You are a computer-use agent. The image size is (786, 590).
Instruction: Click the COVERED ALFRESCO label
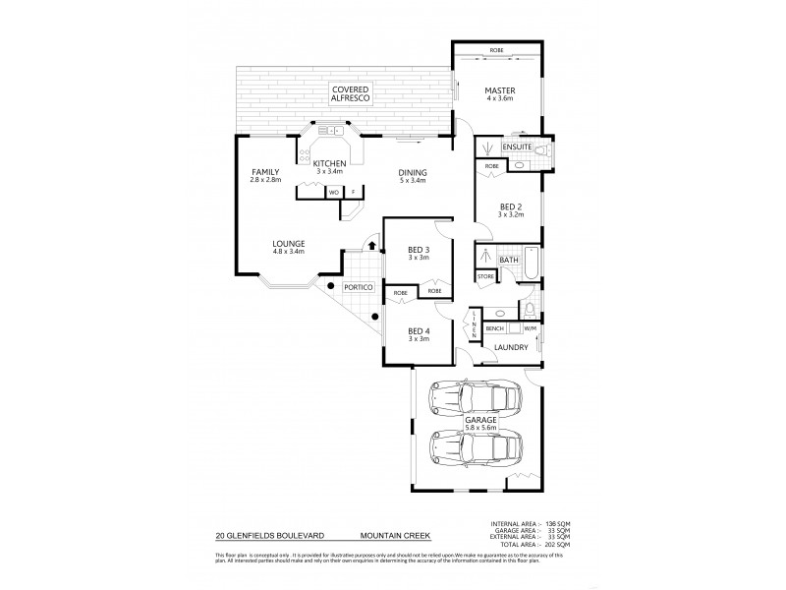(349, 94)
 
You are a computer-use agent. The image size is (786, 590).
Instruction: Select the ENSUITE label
(517, 147)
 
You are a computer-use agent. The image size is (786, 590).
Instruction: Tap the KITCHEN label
(330, 162)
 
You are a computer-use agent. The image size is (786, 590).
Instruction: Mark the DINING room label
(412, 174)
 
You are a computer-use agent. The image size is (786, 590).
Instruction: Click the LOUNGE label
(289, 244)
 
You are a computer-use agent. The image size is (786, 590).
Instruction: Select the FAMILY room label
(265, 172)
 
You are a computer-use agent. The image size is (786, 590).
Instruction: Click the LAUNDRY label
(512, 347)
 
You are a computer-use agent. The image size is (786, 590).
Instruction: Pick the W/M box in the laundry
(529, 327)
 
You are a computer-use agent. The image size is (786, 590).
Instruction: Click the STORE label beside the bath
(485, 277)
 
